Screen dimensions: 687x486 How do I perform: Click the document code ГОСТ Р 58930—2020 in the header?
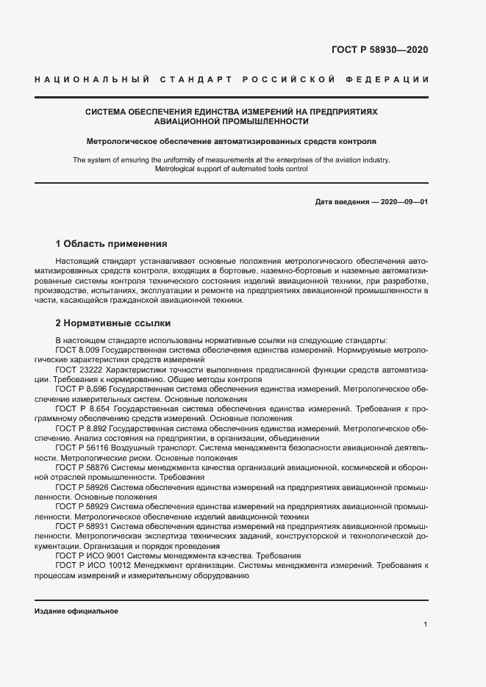(x=379, y=50)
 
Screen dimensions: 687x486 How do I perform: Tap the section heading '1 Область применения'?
(x=112, y=243)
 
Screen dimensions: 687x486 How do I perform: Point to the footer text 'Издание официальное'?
(x=76, y=611)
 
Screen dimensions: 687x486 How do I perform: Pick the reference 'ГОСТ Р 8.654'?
(x=83, y=408)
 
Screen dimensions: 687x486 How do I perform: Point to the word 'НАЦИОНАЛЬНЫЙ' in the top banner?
(x=93, y=79)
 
